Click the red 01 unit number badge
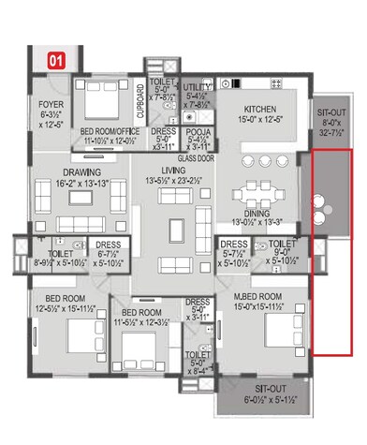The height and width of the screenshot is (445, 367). click(56, 60)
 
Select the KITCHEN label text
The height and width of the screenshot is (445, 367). click(257, 110)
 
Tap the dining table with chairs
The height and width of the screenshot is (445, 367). click(255, 183)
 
